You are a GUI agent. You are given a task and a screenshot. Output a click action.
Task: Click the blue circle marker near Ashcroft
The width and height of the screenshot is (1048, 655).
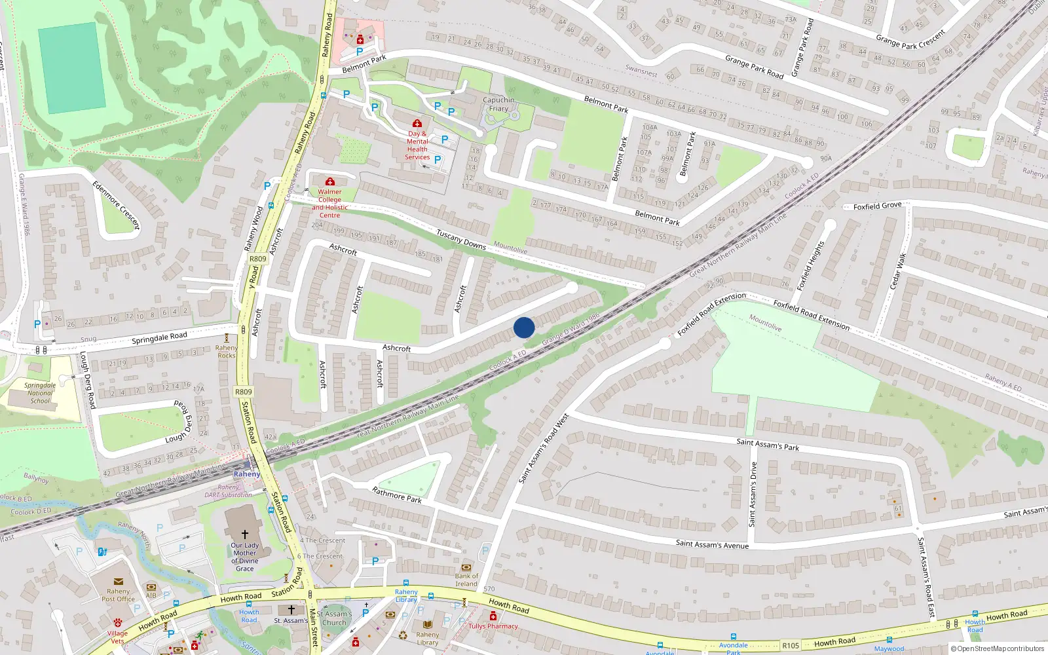[x=524, y=327]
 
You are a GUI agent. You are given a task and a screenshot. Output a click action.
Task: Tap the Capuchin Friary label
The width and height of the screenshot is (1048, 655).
[x=498, y=104]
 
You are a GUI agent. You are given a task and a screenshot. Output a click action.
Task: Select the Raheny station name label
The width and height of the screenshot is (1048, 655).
[x=247, y=474]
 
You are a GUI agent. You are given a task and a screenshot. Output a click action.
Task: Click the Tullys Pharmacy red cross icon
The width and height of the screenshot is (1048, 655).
[x=493, y=616]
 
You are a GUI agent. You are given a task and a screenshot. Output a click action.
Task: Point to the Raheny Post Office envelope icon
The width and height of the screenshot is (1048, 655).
[x=118, y=581]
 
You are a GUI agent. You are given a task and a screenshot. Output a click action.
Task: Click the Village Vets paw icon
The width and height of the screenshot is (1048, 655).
[x=118, y=622]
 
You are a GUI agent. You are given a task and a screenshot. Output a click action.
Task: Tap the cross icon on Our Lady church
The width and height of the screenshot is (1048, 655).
[x=245, y=534]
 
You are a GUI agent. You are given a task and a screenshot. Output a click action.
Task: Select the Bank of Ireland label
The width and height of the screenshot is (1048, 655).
[x=466, y=580]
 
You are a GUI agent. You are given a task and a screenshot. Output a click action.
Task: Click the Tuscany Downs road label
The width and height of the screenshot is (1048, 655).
[x=461, y=240]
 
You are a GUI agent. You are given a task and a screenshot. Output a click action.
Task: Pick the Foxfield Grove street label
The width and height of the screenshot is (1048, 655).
[x=877, y=206]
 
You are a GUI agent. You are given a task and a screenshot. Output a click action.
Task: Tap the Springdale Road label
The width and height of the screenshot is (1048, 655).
[x=159, y=339]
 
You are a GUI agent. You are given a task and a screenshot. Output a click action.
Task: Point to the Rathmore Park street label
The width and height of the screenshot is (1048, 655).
[x=397, y=495]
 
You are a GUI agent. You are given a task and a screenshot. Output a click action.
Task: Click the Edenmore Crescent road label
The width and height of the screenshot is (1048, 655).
[x=117, y=205]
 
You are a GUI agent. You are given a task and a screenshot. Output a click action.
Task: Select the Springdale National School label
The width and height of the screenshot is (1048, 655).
[x=40, y=393]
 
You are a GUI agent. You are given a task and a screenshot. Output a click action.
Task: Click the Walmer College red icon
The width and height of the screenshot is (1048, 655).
[x=330, y=181]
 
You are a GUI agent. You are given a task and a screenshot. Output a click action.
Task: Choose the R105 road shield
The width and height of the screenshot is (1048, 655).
[x=791, y=646]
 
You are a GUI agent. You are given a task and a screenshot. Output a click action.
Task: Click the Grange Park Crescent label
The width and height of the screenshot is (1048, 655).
[x=910, y=40]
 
